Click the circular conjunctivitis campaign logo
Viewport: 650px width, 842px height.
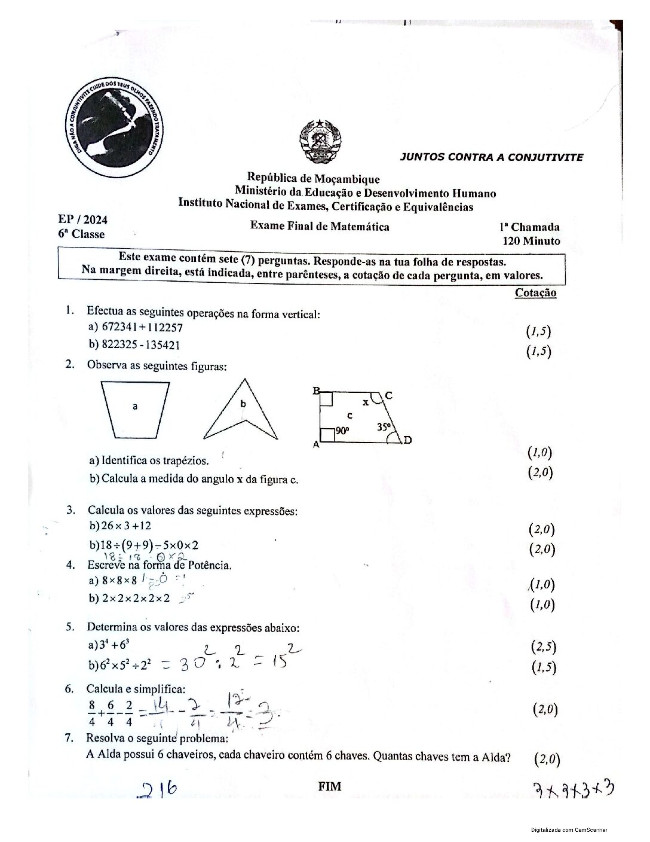tap(116, 127)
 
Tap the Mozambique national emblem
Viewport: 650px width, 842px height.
tap(320, 142)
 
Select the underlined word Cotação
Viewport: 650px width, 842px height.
tap(535, 293)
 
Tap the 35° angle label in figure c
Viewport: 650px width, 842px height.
tap(384, 427)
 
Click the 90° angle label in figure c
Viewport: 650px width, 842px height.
tap(342, 431)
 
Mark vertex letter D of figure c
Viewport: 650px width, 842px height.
tap(407, 441)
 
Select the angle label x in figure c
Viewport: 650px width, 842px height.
tap(366, 402)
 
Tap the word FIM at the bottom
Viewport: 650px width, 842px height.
tap(330, 786)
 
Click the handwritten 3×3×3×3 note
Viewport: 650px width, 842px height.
tap(574, 791)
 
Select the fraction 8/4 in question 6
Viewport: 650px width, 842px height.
tap(91, 712)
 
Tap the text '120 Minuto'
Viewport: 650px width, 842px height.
tap(531, 241)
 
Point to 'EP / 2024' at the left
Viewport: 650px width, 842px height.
tap(82, 219)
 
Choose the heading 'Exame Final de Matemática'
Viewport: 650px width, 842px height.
tap(320, 226)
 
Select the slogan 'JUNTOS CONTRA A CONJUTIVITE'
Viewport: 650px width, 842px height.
tap(491, 157)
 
